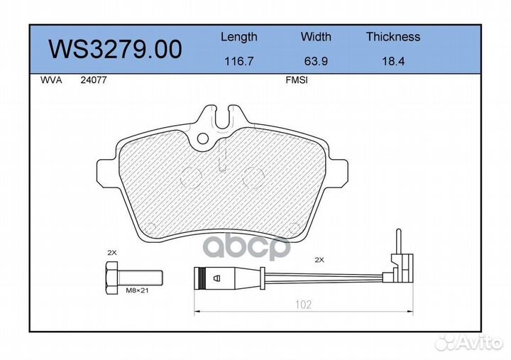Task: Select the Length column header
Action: [x=238, y=37]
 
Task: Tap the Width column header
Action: [x=316, y=37]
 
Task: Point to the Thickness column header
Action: [x=392, y=37]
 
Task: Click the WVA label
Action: [x=51, y=81]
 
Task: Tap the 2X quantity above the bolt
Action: [x=111, y=252]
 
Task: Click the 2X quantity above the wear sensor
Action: [x=319, y=260]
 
